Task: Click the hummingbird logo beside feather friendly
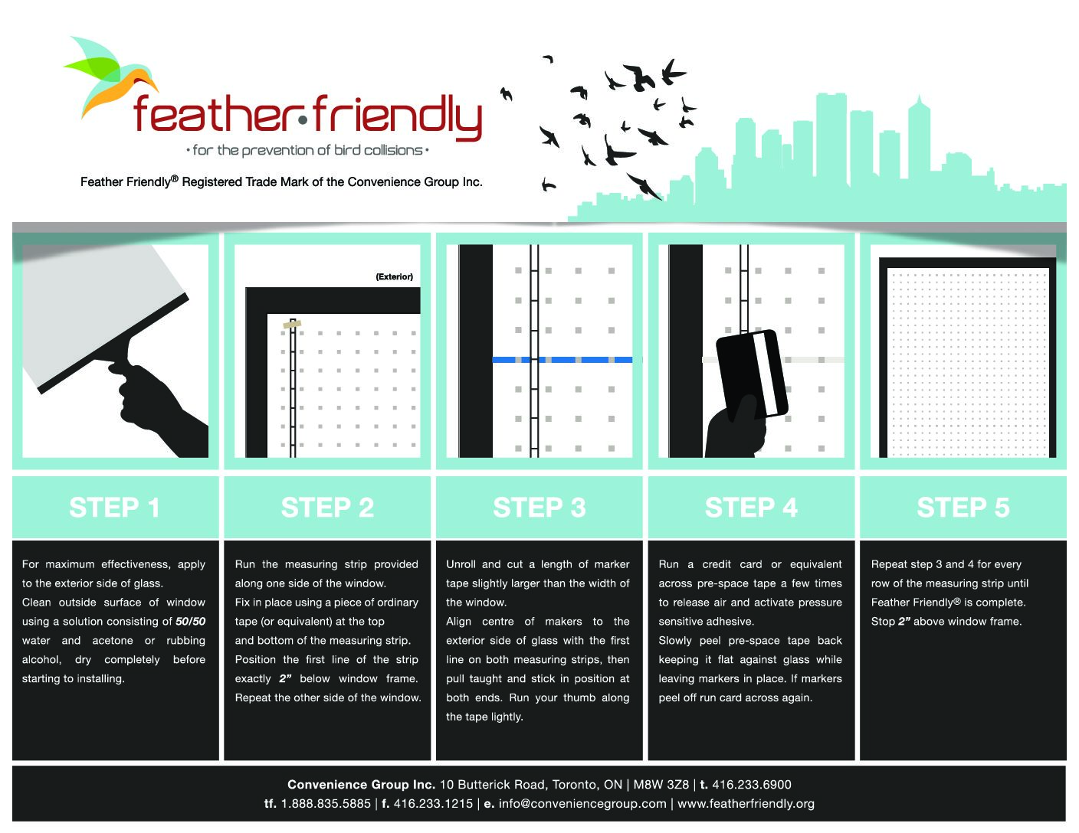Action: click(110, 74)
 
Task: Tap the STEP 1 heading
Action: click(115, 507)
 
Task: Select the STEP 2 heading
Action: click(327, 507)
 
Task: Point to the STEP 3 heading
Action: click(539, 507)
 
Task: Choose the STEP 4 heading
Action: click(751, 507)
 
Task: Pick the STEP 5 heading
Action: click(963, 507)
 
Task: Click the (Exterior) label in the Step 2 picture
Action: click(394, 276)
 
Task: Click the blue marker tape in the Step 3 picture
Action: click(562, 360)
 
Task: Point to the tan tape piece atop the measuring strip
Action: click(292, 325)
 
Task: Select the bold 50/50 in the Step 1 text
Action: click(190, 621)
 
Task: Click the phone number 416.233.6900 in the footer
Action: click(751, 784)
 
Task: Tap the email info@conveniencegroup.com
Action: click(582, 804)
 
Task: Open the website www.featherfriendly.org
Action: click(746, 804)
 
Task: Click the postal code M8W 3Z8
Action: click(661, 784)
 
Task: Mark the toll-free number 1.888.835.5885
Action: click(326, 804)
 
